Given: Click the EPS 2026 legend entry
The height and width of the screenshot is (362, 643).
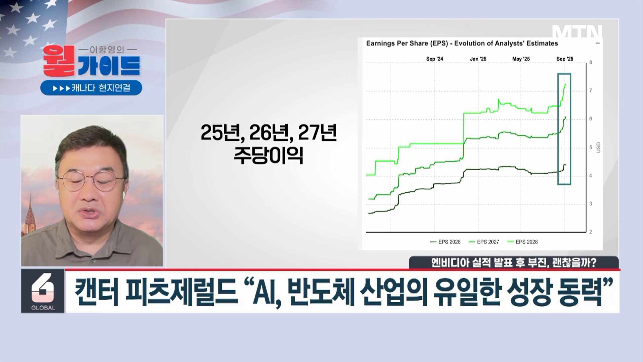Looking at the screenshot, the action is click(445, 242).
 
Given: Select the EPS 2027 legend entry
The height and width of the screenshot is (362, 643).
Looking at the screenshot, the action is click(484, 242).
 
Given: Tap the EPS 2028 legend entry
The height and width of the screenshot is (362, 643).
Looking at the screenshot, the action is click(522, 242).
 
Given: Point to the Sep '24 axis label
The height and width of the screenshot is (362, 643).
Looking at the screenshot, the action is click(434, 59).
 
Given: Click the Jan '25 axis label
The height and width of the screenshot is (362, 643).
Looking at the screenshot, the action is click(478, 59).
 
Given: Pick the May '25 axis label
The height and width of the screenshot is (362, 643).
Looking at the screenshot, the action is click(521, 59).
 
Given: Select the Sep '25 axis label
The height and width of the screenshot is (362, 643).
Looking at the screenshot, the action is click(565, 59).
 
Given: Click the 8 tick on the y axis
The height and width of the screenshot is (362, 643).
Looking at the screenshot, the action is click(591, 62).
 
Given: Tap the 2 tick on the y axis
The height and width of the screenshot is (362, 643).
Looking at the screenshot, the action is click(591, 232).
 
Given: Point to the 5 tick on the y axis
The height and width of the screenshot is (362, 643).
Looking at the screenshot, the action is click(591, 147).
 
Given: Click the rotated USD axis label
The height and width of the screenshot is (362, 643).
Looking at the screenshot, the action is click(598, 147).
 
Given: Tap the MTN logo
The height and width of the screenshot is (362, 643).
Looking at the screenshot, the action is click(577, 32).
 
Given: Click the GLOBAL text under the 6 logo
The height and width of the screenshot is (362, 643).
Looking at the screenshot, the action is click(43, 308).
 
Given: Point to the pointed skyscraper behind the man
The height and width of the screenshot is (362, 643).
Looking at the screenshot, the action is click(30, 215).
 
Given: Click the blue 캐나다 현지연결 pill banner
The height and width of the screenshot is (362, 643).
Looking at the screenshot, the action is click(91, 88).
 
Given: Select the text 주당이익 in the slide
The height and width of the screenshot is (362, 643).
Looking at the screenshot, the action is click(268, 155).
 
